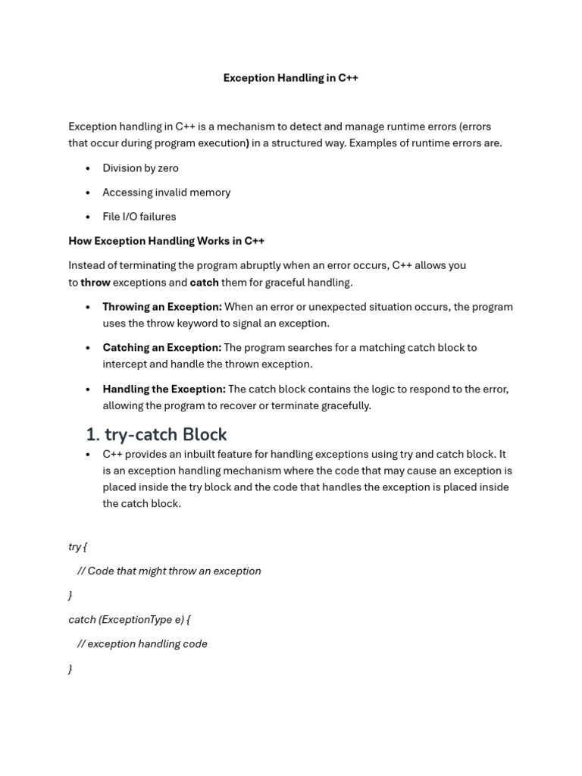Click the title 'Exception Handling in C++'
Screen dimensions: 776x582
tap(290, 78)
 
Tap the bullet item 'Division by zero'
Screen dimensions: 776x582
tap(140, 168)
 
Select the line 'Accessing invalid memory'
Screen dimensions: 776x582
tap(166, 192)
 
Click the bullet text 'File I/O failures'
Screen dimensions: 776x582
tap(139, 217)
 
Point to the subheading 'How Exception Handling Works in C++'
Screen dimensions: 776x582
tap(166, 241)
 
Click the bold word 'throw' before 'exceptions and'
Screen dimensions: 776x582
tap(95, 283)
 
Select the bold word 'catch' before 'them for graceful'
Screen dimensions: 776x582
tap(204, 283)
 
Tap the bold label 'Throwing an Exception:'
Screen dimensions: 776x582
tap(162, 307)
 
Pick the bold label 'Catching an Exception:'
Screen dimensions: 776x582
tap(162, 348)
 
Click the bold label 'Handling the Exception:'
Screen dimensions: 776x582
tap(164, 390)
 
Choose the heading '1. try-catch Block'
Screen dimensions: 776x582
tap(156, 434)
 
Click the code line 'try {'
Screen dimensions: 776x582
tap(77, 546)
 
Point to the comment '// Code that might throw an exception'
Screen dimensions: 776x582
tap(169, 571)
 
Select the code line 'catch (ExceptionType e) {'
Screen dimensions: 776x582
tap(129, 620)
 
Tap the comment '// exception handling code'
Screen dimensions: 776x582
tap(142, 644)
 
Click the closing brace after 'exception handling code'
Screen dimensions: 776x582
tap(70, 669)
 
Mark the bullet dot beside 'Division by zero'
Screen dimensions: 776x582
tap(88, 168)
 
